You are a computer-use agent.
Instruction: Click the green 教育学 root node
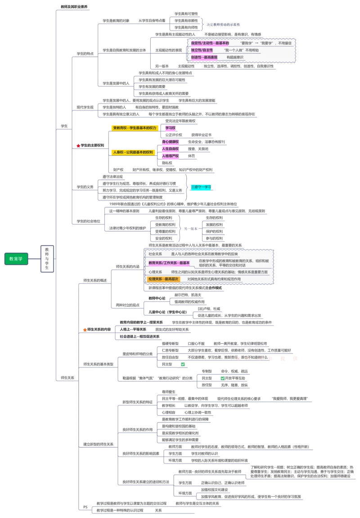click(16, 259)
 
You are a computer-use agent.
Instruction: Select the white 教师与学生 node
click(47, 259)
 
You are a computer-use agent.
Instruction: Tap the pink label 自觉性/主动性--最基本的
click(210, 43)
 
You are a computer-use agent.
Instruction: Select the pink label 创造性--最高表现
click(204, 57)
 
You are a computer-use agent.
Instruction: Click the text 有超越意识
click(234, 57)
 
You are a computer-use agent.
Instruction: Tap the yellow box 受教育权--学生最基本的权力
click(134, 128)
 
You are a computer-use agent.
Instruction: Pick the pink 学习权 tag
click(170, 128)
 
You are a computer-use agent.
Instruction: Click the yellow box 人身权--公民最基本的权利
click(133, 152)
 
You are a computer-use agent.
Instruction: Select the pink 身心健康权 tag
click(171, 142)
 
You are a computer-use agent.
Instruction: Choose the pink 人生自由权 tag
click(171, 149)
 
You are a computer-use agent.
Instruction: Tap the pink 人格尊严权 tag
click(171, 156)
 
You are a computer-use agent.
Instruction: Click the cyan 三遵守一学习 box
click(201, 186)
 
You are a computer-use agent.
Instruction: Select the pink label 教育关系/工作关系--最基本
click(169, 263)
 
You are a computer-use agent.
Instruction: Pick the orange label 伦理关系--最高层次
click(163, 279)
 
